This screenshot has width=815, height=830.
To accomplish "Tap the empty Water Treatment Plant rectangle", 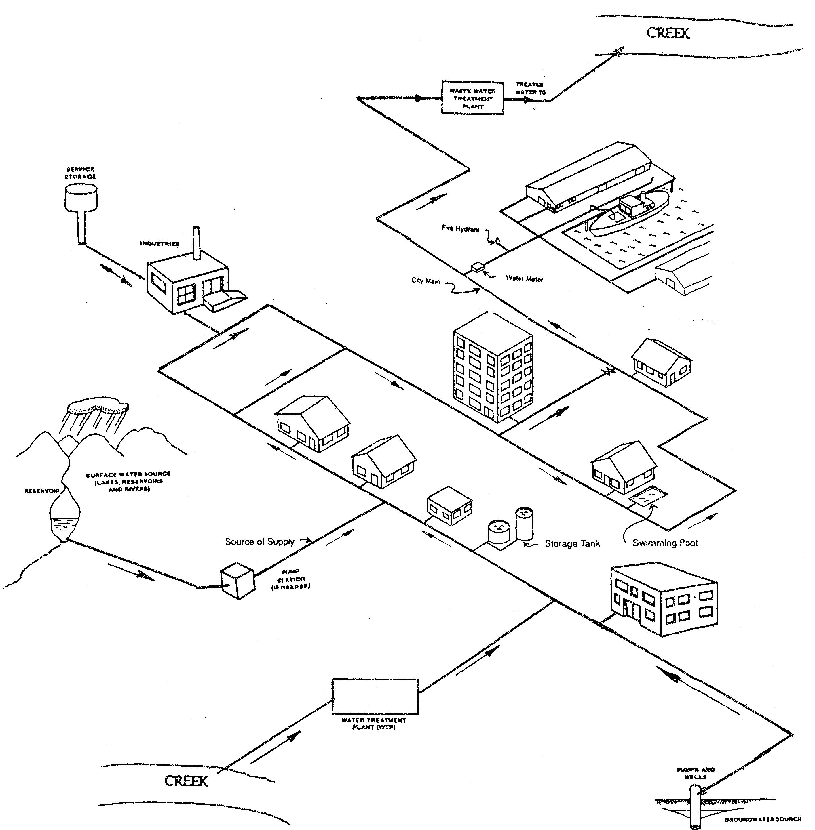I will click(x=375, y=696).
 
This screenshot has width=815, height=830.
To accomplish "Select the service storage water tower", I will click(x=81, y=205).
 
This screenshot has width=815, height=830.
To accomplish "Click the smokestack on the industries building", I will click(x=196, y=243).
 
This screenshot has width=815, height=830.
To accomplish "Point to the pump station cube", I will click(x=238, y=581).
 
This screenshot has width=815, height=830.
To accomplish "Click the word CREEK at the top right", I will click(x=668, y=33).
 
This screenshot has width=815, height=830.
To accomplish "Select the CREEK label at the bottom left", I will click(x=186, y=781).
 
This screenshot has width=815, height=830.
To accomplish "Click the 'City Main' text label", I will click(x=425, y=281).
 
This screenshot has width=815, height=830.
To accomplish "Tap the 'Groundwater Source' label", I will click(x=763, y=819).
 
